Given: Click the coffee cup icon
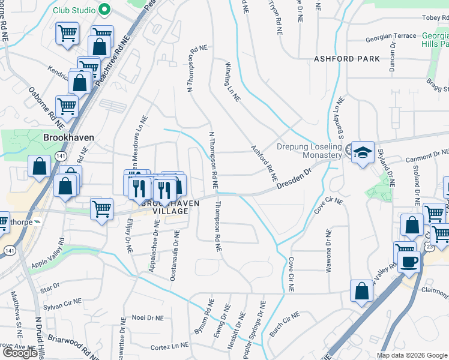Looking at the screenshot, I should (409, 262).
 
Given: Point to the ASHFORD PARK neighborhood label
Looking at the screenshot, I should (347, 59).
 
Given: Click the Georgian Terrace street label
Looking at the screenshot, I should (391, 36).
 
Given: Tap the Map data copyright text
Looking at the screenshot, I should (411, 355).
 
